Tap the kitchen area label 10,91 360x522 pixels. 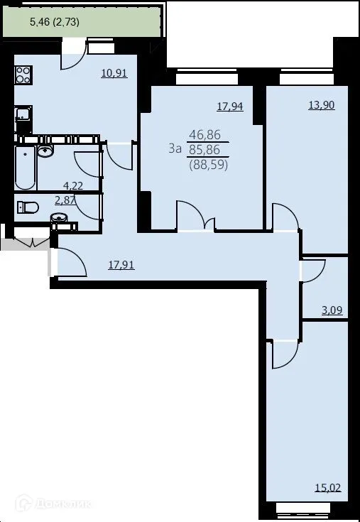click(x=114, y=72)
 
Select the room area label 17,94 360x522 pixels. click(x=229, y=107)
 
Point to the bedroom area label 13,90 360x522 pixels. click(x=321, y=104)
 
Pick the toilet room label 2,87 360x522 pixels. click(x=65, y=201)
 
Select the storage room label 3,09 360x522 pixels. click(x=333, y=310)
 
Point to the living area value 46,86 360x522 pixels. click(x=204, y=134)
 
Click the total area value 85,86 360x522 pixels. click(x=204, y=149)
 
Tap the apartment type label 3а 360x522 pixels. click(x=175, y=148)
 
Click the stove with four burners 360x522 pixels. click(x=23, y=75)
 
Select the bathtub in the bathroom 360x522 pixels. click(x=25, y=168)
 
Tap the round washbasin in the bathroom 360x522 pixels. click(x=46, y=151)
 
